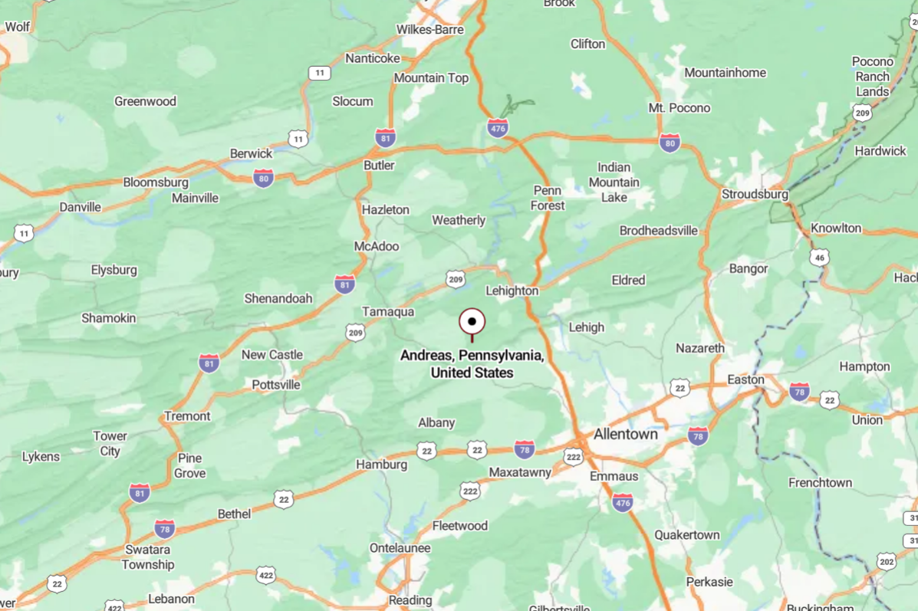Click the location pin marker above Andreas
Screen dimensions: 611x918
(x=472, y=322)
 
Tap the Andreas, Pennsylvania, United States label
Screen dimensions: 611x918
(x=472, y=364)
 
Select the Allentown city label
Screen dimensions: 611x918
(x=624, y=434)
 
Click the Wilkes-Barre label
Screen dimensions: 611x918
(x=430, y=29)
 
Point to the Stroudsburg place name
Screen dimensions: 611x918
(x=755, y=194)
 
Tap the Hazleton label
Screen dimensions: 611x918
(x=386, y=209)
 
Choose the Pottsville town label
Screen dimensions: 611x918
(x=276, y=384)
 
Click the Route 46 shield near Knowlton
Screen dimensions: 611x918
(x=819, y=257)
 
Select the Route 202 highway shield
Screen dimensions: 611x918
(x=887, y=561)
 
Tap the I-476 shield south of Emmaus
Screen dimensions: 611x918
(x=623, y=503)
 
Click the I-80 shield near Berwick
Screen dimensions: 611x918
(x=263, y=178)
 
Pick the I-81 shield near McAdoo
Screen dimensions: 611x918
(x=345, y=284)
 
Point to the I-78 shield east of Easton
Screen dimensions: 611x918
(x=799, y=392)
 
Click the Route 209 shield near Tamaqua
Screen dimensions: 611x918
(x=355, y=332)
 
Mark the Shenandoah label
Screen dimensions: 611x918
(x=278, y=298)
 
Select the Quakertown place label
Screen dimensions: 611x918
(x=686, y=534)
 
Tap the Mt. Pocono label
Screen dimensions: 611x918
(x=679, y=107)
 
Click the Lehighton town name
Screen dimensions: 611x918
(x=512, y=291)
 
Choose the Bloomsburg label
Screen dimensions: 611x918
(x=156, y=182)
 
